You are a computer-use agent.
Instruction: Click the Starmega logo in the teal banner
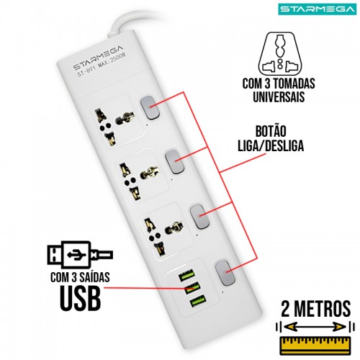click(x=318, y=9)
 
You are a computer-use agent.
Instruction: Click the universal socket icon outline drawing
click(x=279, y=53)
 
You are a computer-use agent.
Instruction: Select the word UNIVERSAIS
click(x=279, y=96)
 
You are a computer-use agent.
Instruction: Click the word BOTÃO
click(x=271, y=131)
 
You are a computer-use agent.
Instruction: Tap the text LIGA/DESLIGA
click(x=271, y=145)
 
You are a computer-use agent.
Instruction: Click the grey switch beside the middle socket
click(x=175, y=161)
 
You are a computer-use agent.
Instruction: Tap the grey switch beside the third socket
click(x=199, y=217)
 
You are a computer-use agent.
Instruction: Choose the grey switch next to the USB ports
click(x=225, y=272)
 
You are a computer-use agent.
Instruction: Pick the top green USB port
click(x=186, y=275)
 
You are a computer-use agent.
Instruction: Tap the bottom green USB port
click(x=198, y=302)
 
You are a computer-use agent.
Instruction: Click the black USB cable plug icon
click(x=80, y=254)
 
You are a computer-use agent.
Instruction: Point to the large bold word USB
click(x=80, y=297)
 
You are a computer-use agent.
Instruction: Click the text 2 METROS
click(x=316, y=309)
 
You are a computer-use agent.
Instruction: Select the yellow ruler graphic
click(x=315, y=346)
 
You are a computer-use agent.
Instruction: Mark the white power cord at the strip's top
click(x=120, y=23)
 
